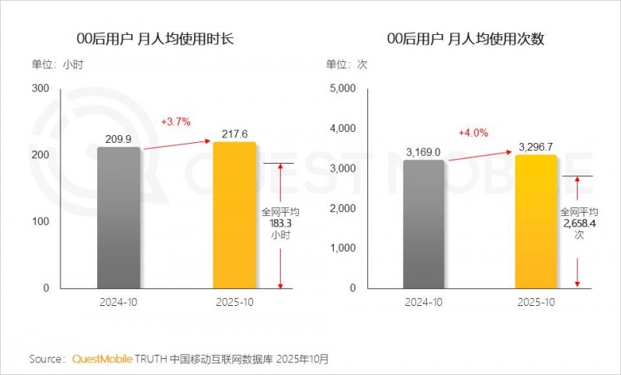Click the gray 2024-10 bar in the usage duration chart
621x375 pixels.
coord(119,217)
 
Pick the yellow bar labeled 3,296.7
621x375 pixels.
coord(536,221)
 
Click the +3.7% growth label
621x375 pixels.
coord(175,122)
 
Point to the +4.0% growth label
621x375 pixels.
coord(473,133)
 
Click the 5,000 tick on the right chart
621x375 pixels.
coord(342,89)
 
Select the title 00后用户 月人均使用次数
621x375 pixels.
coord(465,39)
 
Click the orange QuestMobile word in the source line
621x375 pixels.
coord(102,359)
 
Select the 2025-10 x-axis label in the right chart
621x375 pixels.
coord(536,301)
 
